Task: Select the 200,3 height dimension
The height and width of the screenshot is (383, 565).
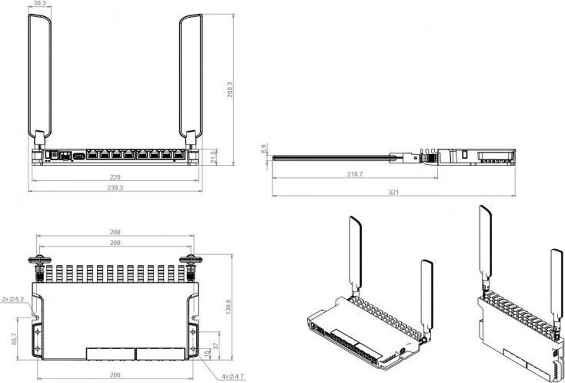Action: tap(230, 89)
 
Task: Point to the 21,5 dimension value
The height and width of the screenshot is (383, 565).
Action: tap(214, 157)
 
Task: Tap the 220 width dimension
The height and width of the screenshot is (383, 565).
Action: tap(115, 177)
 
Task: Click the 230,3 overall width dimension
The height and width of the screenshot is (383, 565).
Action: tap(115, 187)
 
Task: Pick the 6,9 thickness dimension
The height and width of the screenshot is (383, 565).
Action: tap(264, 149)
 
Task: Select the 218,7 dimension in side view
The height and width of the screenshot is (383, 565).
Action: tap(355, 174)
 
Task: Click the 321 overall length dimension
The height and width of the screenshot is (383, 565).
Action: tap(393, 192)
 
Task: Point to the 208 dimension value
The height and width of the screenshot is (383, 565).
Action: tap(115, 232)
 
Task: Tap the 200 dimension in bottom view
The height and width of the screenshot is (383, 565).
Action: tap(115, 243)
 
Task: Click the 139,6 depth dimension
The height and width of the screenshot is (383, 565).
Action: tap(229, 307)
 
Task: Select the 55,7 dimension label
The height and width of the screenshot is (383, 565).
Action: tap(15, 338)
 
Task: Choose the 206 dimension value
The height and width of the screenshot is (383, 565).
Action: tap(115, 375)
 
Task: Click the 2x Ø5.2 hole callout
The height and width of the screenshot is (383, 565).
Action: tap(12, 299)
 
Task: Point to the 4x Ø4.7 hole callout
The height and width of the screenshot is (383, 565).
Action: tap(232, 377)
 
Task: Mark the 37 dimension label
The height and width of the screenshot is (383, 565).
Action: tap(216, 345)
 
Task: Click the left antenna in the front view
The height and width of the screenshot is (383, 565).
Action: tap(39, 81)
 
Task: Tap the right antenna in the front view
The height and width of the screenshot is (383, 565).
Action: tap(191, 81)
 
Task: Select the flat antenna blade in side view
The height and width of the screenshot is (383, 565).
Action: tap(332, 158)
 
